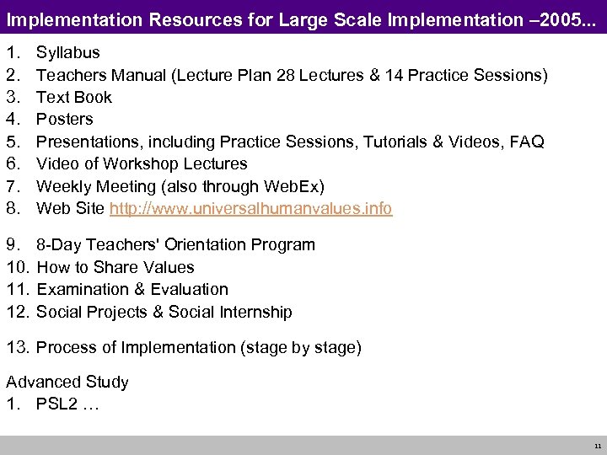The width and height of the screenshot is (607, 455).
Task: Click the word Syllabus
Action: click(67, 53)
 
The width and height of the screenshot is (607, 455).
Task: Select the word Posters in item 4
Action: click(65, 120)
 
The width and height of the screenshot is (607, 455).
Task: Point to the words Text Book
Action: click(74, 97)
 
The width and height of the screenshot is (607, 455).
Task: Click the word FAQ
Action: click(526, 142)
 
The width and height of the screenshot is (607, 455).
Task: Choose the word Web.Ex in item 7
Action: click(291, 186)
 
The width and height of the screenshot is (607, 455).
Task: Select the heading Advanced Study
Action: click(67, 383)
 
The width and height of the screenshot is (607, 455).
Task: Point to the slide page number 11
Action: click(597, 446)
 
